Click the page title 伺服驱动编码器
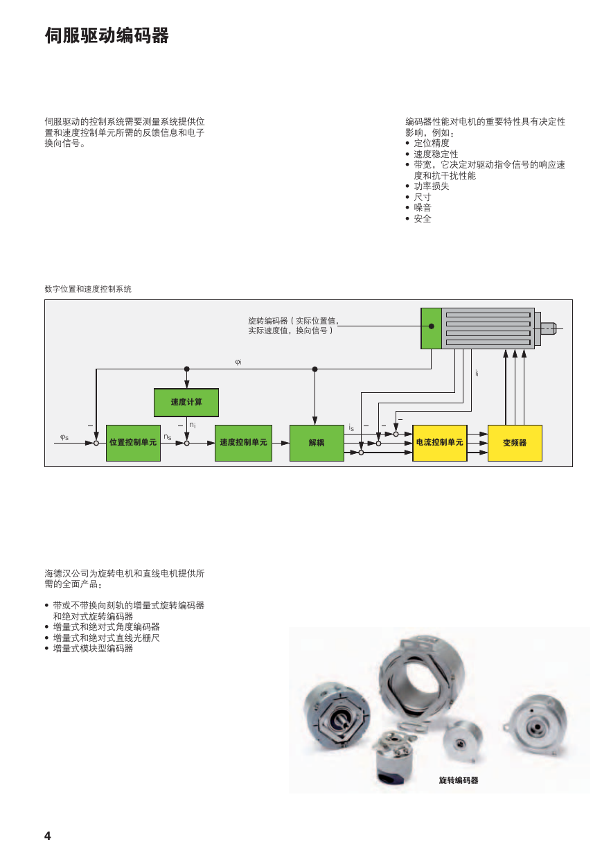(107, 36)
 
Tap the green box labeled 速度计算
(186, 403)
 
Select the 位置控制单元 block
(133, 443)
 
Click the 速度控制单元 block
(243, 443)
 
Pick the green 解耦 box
(317, 443)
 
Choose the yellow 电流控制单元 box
(440, 443)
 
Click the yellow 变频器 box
(515, 443)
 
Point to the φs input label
(64, 437)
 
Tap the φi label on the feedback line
(238, 362)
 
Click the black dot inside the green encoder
(432, 326)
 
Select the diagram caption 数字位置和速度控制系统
(88, 289)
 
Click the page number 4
(48, 836)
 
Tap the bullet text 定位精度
(432, 143)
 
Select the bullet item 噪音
(423, 208)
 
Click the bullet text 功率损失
(432, 186)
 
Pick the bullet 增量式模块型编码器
(93, 649)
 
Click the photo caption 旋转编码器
(459, 780)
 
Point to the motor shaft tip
(556, 328)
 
